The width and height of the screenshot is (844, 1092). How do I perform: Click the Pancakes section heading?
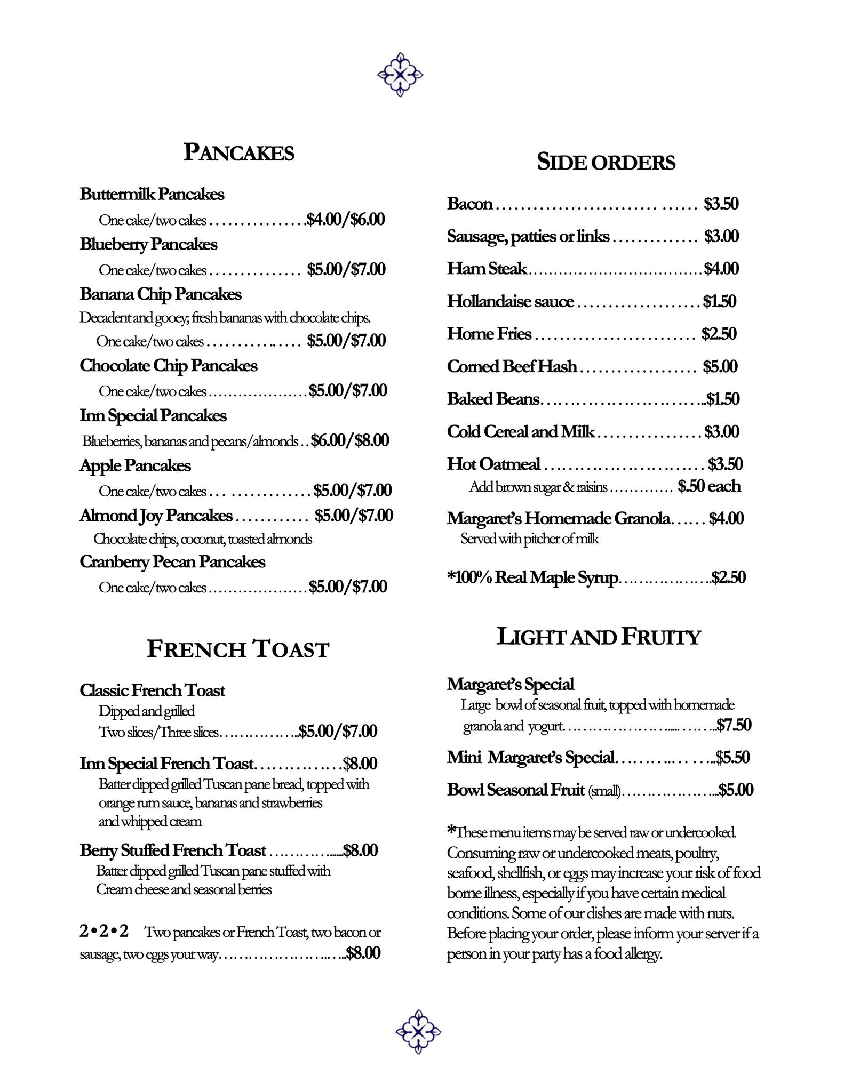coord(238,152)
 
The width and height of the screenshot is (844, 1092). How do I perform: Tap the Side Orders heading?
coord(606,162)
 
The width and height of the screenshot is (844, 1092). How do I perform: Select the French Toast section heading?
coord(238,649)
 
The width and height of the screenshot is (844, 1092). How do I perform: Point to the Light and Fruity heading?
coord(598,637)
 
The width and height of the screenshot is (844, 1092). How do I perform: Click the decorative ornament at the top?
coord(400,75)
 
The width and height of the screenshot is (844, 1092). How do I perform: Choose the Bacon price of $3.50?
coord(721,204)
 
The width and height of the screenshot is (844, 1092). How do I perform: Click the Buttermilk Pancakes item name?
coord(152,194)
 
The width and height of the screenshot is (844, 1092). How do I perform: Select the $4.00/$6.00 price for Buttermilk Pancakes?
coord(346,219)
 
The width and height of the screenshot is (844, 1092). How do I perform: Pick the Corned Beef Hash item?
coord(512,366)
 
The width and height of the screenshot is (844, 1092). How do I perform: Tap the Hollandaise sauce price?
coord(719,301)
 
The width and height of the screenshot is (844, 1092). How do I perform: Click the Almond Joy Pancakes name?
coord(156,516)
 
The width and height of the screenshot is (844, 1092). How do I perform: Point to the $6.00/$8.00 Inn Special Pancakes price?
coord(350,440)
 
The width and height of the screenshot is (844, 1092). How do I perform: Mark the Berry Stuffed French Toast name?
coord(172,850)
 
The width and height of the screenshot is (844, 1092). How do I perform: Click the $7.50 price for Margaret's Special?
coord(734,725)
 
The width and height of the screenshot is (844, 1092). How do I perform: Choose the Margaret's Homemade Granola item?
coord(558,518)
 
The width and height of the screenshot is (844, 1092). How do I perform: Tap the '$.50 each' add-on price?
coord(709,486)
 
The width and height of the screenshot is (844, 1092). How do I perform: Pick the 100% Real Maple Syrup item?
coord(532,577)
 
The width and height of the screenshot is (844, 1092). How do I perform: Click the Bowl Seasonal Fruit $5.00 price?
coord(736,790)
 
